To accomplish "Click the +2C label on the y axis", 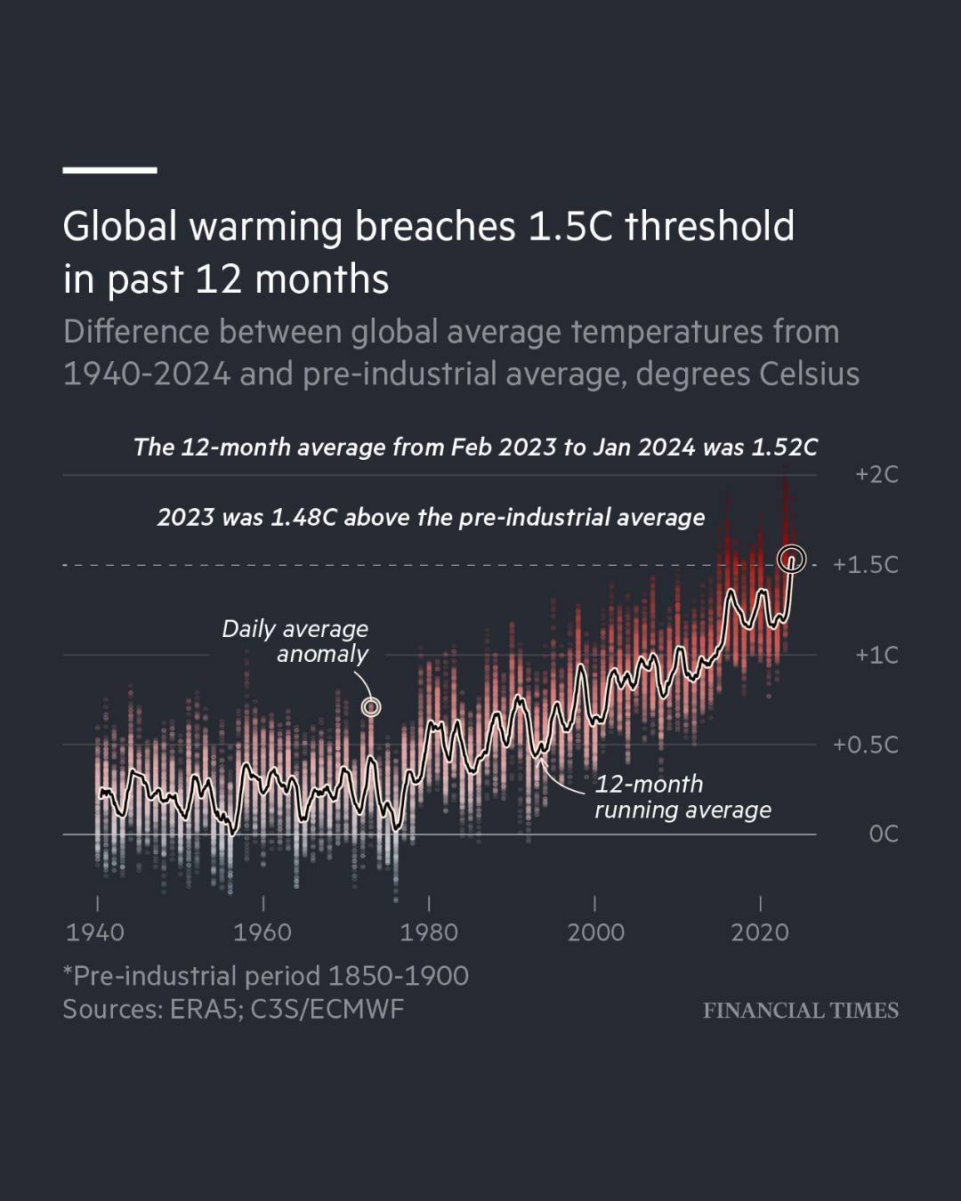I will point(876,474).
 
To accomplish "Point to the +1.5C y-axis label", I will point(865,565).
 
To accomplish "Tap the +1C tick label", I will point(876,656).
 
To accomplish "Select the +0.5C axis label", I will point(865,745).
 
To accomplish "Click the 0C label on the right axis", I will point(883,834).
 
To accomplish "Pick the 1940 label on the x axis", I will point(95,932).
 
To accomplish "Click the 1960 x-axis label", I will point(262,932).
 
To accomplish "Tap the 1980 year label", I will point(429,932).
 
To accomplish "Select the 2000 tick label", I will point(595,932).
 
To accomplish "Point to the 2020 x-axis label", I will point(760,932).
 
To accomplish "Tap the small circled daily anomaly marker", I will point(371,707).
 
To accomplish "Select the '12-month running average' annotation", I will point(682,797).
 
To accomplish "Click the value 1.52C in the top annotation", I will point(784,447).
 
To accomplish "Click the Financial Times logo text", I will point(800,1011).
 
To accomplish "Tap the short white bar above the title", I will point(109,169).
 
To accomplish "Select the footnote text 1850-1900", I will point(398,976).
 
